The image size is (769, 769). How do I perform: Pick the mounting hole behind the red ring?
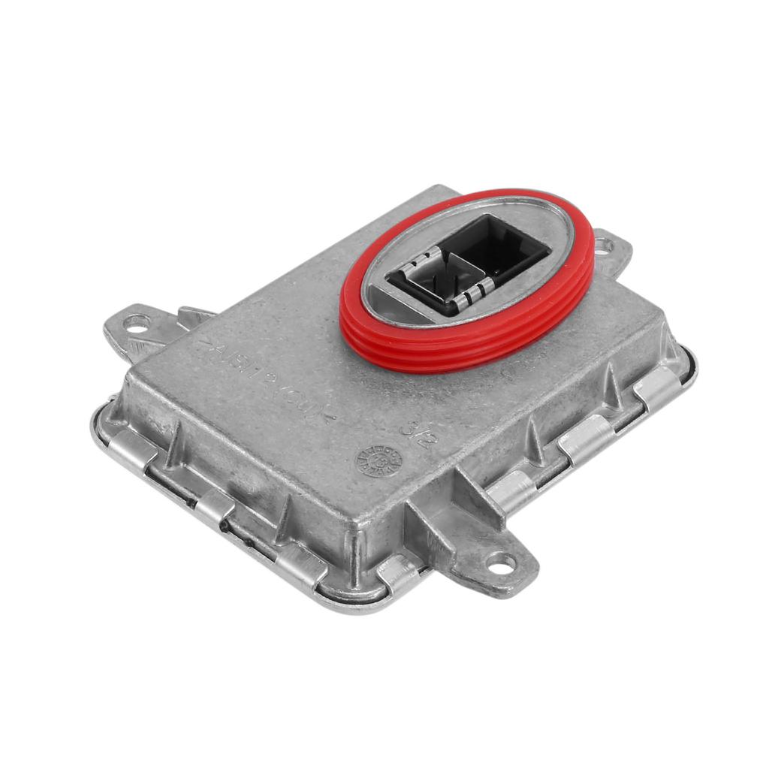click(605, 245)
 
